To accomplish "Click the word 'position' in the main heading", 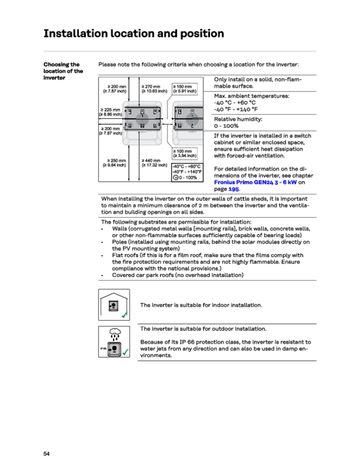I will tap(198, 34).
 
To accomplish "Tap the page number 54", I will tap(46, 454).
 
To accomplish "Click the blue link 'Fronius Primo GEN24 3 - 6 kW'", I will tap(255, 182).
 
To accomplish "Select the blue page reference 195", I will tap(233, 189).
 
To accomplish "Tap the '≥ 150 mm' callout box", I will tap(184, 88).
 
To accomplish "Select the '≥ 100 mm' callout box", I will tap(184, 153).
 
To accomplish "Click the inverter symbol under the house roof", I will tap(113, 306).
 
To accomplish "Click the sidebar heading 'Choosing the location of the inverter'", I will tap(63, 71).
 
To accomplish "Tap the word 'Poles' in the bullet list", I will tap(120, 242).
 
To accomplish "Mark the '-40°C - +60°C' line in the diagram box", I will tap(187, 167).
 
